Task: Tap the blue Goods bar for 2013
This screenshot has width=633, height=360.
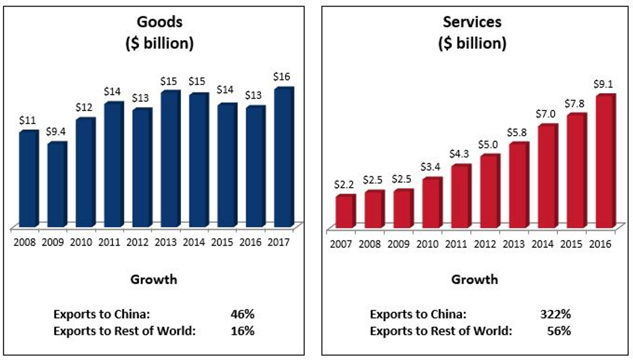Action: point(170,159)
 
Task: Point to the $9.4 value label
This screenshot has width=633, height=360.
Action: point(56,132)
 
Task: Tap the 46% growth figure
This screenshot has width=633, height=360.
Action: point(243,315)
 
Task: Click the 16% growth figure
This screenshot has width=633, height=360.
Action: point(243,331)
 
